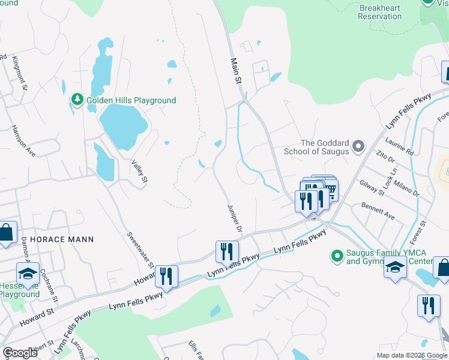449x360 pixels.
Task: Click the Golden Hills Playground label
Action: click(131, 100)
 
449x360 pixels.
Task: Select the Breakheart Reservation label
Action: click(379, 12)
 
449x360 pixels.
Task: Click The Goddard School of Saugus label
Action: click(325, 147)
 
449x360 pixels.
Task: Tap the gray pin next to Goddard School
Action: click(358, 146)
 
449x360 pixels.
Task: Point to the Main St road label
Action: click(237, 71)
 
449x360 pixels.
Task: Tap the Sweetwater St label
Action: click(140, 250)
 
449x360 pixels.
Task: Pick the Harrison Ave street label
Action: click(23, 142)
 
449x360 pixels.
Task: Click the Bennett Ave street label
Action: click(378, 211)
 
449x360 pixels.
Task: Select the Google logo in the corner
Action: click(20, 353)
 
